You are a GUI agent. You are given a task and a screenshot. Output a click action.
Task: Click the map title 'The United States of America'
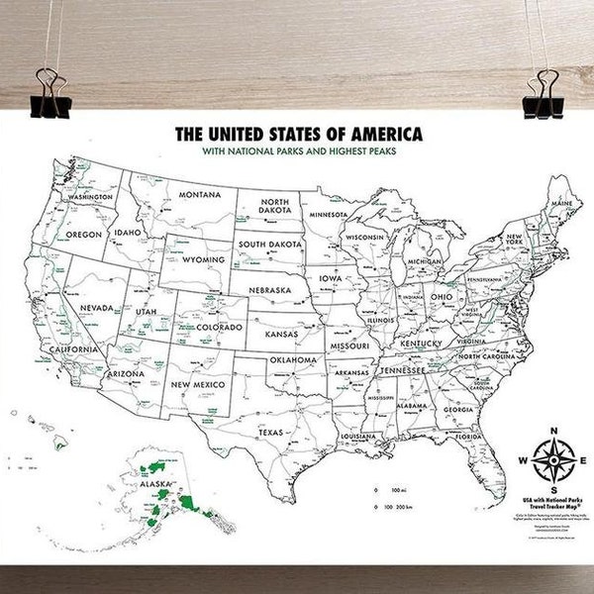tap(297, 132)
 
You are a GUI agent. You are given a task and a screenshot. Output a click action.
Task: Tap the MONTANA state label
tap(201, 194)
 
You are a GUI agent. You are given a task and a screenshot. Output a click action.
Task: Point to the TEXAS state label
tap(270, 433)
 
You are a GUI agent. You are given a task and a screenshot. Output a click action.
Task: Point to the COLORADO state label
tap(218, 326)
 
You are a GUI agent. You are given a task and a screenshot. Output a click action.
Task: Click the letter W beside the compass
tap(522, 459)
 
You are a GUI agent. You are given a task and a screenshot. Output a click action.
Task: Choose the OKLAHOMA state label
tap(293, 359)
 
